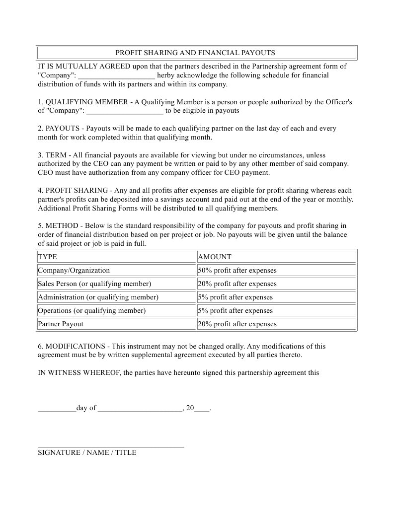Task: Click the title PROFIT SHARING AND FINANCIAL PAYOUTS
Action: (x=195, y=53)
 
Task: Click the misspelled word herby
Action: (x=167, y=75)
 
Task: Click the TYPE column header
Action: (x=48, y=257)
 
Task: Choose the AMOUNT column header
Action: (x=215, y=257)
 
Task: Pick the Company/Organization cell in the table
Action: (x=74, y=271)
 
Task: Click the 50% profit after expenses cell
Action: (x=237, y=271)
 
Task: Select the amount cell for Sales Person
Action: (x=237, y=284)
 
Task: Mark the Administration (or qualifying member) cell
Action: (x=98, y=297)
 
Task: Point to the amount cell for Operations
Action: (x=235, y=311)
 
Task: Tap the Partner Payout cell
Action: (x=61, y=324)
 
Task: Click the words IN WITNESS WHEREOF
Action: (x=79, y=373)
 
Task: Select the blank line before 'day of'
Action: (x=57, y=409)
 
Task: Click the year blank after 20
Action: (x=202, y=409)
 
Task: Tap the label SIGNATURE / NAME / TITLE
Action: (x=87, y=453)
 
